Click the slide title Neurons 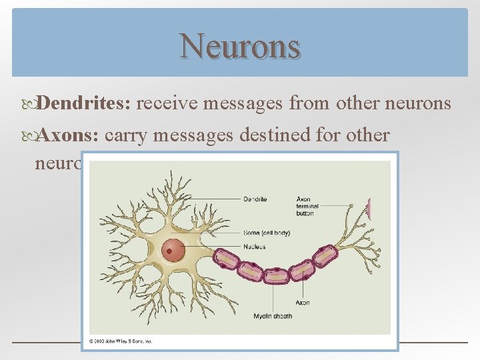tap(240, 45)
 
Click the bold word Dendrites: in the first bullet tap(86, 103)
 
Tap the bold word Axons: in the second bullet tap(68, 135)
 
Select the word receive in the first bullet tap(169, 103)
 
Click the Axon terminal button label tap(305, 206)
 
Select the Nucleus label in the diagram tap(254, 247)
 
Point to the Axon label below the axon tap(303, 302)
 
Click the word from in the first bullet tap(310, 103)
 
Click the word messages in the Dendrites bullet tap(245, 103)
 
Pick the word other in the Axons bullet tap(363, 135)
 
